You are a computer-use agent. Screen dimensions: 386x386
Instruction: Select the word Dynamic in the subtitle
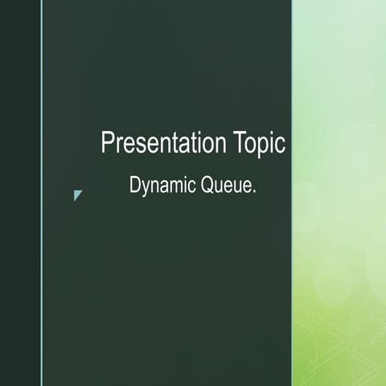(162, 186)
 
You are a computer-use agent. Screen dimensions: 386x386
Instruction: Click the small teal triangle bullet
(77, 195)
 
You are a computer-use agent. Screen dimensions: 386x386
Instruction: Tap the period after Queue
(254, 191)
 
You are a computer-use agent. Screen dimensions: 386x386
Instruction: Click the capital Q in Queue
(207, 186)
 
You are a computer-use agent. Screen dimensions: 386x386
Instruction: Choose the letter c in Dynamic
(191, 187)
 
